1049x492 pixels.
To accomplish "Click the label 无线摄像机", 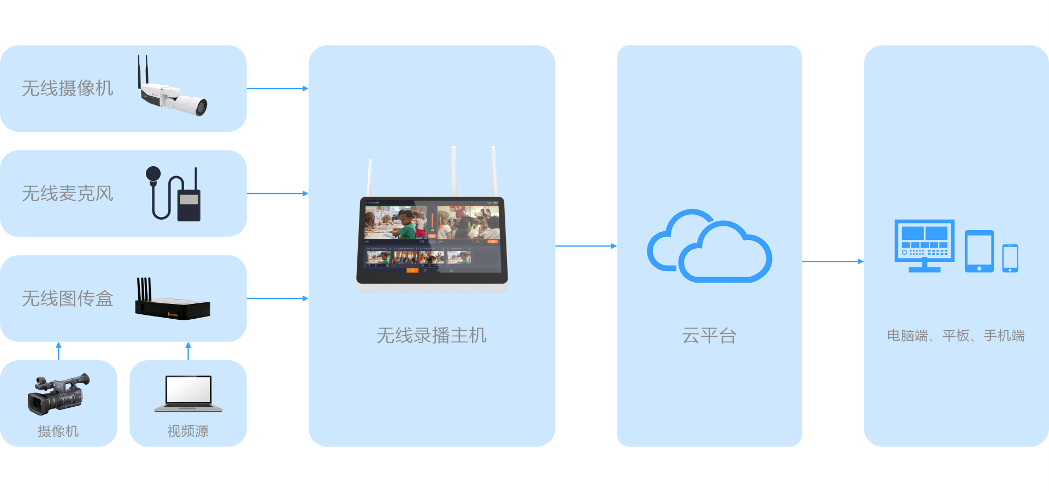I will tap(68, 89).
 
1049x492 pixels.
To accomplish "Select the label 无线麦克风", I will tap(68, 194).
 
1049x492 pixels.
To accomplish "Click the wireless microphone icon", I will tap(174, 195).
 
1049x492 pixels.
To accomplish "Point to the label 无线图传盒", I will tap(68, 298).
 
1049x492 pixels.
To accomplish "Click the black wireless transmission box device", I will tap(172, 306).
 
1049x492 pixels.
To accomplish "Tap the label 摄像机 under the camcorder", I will tap(58, 431).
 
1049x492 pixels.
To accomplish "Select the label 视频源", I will tap(188, 431).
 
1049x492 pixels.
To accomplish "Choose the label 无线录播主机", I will tap(432, 336).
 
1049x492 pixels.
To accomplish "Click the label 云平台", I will tap(709, 336).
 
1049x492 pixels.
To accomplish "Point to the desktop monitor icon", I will tap(924, 245).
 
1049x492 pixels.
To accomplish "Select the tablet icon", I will tap(979, 251).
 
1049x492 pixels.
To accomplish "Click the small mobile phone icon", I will tap(1010, 258).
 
